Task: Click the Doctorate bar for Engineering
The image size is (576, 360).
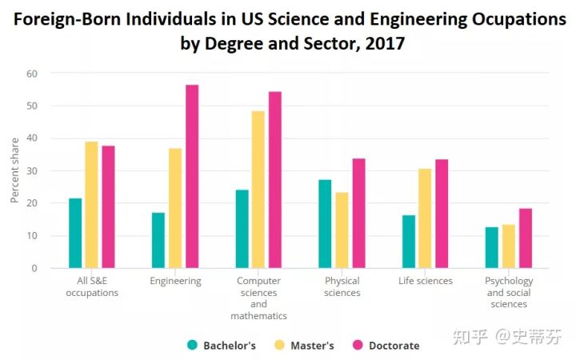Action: coord(192,176)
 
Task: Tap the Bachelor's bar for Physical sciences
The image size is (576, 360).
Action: coord(325,224)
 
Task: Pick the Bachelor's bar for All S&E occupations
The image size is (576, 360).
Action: coord(75,233)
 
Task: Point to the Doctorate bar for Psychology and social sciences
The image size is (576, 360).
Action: coord(525,238)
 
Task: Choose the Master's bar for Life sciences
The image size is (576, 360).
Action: coord(425,218)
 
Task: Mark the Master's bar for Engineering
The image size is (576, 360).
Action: coord(175,208)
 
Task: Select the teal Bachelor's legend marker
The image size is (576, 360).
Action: coord(193,345)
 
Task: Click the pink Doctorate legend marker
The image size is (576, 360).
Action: coord(358,345)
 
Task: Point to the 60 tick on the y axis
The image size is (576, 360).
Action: coord(32,74)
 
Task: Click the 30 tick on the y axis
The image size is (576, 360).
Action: coord(32,170)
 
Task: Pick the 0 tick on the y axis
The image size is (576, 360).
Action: coord(34,268)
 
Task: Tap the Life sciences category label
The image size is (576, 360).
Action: coord(425,281)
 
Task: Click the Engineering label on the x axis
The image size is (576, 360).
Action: coord(175,281)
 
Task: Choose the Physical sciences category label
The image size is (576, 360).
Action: coord(342,286)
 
